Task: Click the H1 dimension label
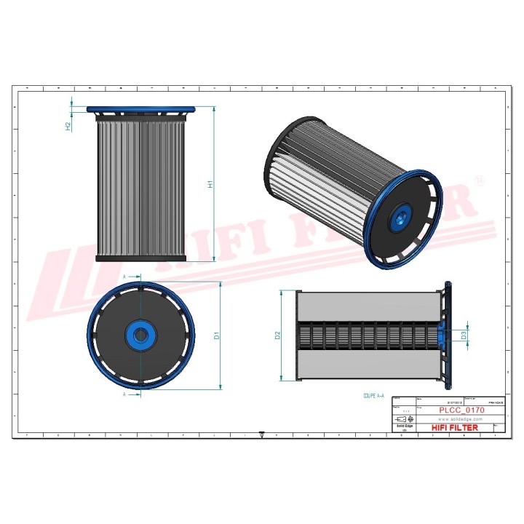(211, 184)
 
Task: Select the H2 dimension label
(68, 125)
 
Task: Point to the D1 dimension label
(216, 336)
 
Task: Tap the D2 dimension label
(277, 336)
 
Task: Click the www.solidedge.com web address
(461, 419)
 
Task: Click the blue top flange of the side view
(142, 110)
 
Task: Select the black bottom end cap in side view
(142, 258)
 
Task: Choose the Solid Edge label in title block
(405, 426)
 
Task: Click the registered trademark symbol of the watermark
(478, 180)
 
